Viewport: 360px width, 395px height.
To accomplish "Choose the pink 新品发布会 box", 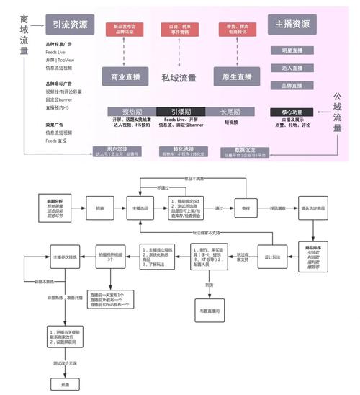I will (x=124, y=30).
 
